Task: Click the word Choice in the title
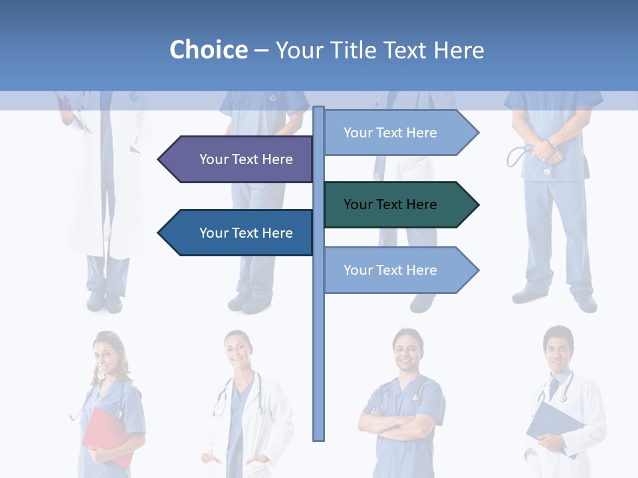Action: [208, 50]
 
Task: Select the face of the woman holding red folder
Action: [107, 353]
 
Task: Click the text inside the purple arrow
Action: [246, 159]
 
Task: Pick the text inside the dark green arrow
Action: [390, 204]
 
